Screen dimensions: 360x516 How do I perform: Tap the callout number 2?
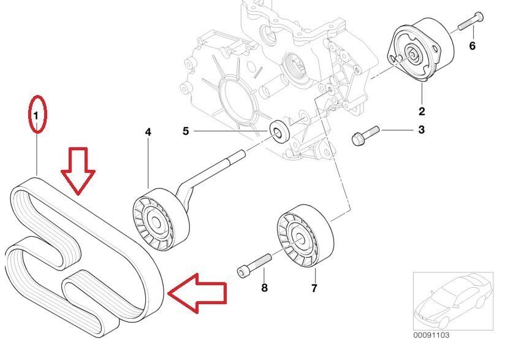[x=422, y=112]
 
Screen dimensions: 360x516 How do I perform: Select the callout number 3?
[x=421, y=130]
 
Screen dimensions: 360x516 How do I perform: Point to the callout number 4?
[x=148, y=132]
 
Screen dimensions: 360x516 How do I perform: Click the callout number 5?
[x=186, y=131]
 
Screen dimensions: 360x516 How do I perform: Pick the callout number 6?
[x=472, y=46]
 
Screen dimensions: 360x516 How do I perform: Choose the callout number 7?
[x=313, y=288]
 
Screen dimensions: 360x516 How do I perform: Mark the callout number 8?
[x=264, y=288]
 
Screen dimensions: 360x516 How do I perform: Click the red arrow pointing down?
[x=78, y=170]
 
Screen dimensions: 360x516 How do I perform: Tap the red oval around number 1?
[x=37, y=113]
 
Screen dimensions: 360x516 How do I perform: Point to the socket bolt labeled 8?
[x=254, y=265]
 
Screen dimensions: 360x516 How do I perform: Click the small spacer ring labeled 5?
[x=279, y=130]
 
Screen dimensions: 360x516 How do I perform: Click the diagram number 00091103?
[x=431, y=335]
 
